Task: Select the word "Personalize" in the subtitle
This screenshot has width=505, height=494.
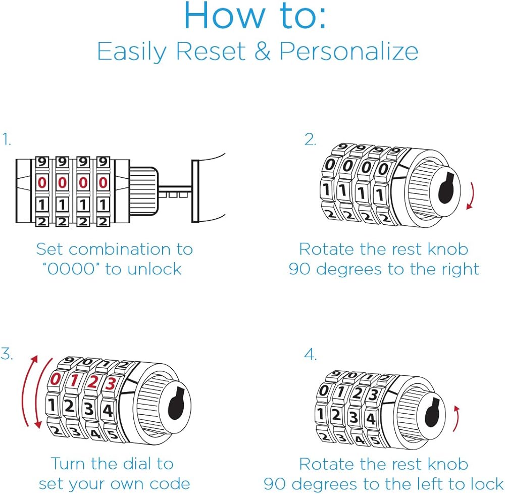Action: point(349,52)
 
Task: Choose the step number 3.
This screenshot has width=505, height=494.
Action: point(7,354)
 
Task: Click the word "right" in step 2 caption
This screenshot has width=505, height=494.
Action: point(458,269)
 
